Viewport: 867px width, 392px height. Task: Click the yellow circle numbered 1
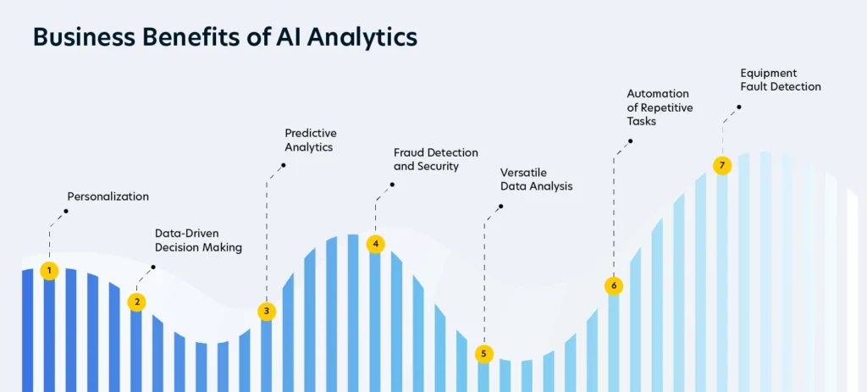point(49,270)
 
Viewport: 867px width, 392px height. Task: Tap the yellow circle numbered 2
point(136,302)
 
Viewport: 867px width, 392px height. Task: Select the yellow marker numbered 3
point(267,312)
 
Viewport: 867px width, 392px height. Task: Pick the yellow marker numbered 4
point(375,243)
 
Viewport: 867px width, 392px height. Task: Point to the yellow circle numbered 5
point(483,353)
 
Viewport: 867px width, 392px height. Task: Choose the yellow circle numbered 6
point(613,286)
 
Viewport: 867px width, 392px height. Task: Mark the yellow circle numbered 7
point(721,165)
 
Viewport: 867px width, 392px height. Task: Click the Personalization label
point(108,196)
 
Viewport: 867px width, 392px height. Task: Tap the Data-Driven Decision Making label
point(198,240)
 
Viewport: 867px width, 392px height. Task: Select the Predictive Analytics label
point(311,140)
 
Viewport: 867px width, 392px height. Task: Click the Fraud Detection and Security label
point(436,158)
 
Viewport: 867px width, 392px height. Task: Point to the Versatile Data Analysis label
point(536,179)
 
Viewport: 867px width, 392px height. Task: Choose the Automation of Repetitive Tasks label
point(660,108)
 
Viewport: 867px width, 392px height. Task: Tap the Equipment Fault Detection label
point(781,80)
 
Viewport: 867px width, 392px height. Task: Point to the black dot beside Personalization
point(66,211)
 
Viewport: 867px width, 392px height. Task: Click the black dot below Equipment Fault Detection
point(738,107)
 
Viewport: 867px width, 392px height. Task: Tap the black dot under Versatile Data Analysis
point(501,207)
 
